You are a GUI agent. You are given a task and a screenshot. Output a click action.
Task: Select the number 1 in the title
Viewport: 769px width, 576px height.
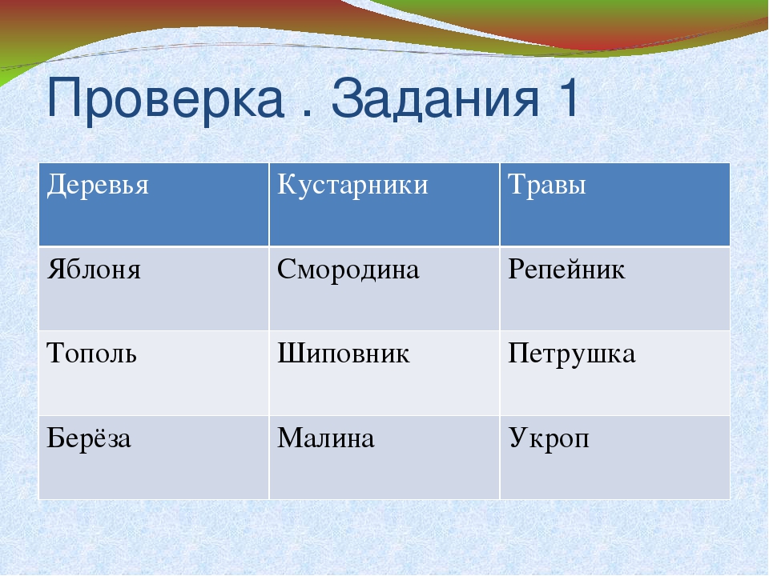[x=567, y=98]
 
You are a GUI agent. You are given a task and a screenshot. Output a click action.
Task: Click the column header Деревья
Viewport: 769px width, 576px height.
[x=98, y=185]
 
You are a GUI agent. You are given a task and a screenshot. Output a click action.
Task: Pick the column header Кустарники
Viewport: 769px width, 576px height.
[x=352, y=185]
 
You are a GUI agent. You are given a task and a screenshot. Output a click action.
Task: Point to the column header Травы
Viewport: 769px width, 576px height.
[x=547, y=185]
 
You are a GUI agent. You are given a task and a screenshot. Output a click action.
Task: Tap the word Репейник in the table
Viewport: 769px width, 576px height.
[x=566, y=270]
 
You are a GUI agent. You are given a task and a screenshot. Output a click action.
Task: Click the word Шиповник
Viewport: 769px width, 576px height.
[x=344, y=353]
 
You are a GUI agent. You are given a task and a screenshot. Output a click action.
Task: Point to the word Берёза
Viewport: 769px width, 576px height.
[x=89, y=438]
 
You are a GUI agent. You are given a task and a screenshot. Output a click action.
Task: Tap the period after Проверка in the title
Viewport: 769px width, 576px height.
[x=308, y=114]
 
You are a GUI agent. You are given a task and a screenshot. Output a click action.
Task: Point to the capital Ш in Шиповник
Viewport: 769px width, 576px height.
[x=289, y=353]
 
